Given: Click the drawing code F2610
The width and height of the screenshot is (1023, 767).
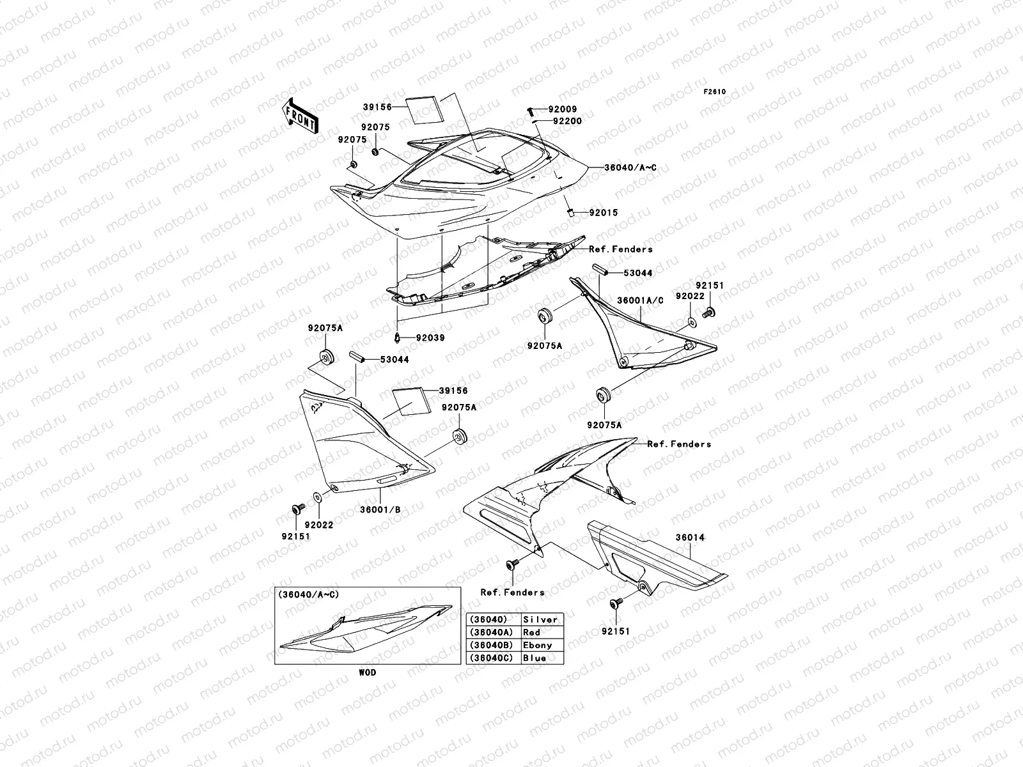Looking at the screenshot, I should pyautogui.click(x=715, y=91).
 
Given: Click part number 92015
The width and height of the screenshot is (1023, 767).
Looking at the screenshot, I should pyautogui.click(x=604, y=213).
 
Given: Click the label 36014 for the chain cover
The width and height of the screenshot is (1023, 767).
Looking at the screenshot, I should pyautogui.click(x=691, y=538).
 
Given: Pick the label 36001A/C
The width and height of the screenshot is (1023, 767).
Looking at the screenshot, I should pyautogui.click(x=640, y=300).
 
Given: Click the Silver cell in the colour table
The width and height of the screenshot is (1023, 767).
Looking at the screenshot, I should pyautogui.click(x=540, y=619).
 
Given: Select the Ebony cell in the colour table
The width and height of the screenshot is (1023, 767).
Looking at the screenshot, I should pyautogui.click(x=537, y=645).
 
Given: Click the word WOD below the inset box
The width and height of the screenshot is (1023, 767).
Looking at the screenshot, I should pyautogui.click(x=367, y=672).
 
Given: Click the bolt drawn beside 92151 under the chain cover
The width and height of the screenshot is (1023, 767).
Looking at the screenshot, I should pyautogui.click(x=615, y=603).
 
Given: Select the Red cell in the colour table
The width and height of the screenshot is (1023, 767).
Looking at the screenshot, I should pyautogui.click(x=532, y=632).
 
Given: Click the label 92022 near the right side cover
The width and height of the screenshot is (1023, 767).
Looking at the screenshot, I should pyautogui.click(x=689, y=296).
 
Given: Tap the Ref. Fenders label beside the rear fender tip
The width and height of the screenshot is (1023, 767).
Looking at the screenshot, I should pyautogui.click(x=678, y=444).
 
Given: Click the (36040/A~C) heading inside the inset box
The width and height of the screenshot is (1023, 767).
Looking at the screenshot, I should pyautogui.click(x=309, y=594).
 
